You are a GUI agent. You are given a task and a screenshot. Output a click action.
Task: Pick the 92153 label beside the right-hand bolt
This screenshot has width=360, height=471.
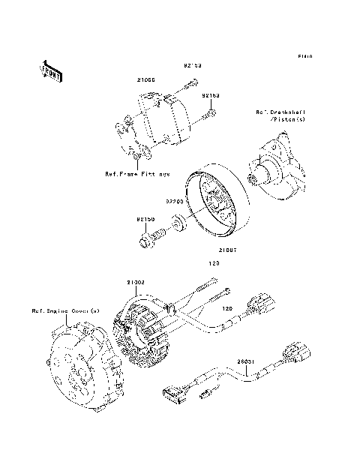point(209,96)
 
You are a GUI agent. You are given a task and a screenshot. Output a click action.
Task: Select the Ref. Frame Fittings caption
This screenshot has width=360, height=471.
point(137,173)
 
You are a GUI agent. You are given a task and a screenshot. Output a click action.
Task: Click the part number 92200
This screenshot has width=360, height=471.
point(174,201)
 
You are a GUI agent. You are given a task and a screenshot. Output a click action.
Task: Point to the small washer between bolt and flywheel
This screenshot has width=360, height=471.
point(180,223)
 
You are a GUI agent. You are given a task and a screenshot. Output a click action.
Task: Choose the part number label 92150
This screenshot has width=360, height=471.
point(145,220)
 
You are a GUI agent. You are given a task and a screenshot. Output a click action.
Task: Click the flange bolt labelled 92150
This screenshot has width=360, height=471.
point(151,241)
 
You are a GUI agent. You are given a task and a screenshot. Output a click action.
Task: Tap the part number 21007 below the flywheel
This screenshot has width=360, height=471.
point(229,250)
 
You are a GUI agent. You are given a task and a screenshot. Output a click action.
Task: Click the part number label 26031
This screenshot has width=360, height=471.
point(247,361)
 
